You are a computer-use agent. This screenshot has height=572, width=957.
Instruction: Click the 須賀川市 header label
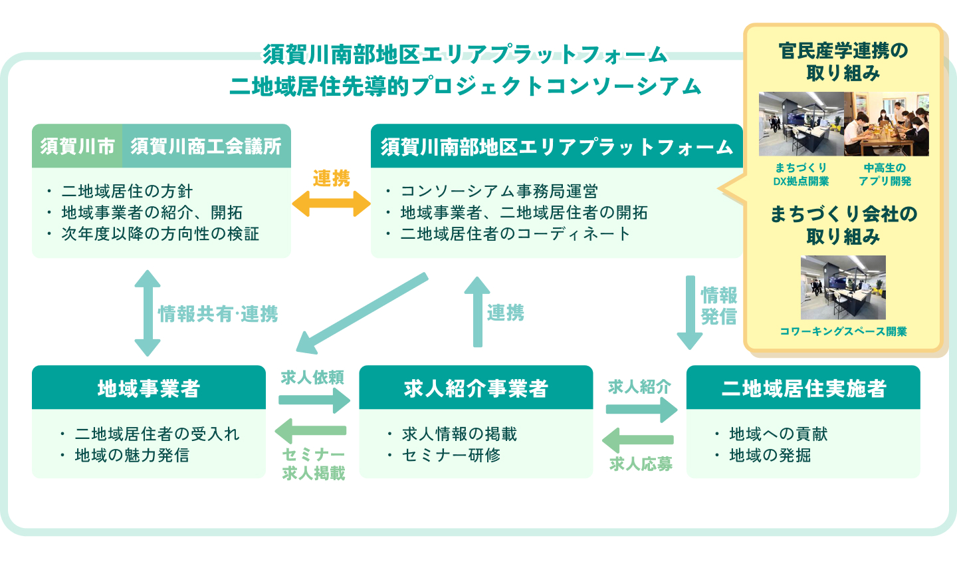coord(77,146)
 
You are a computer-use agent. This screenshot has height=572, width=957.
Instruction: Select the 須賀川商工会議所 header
coord(206,146)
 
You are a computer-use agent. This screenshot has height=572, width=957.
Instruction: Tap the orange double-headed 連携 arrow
coord(331,204)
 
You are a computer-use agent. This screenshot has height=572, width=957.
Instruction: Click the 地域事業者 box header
coord(148,388)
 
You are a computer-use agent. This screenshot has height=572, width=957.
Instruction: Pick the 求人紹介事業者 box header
coord(476,388)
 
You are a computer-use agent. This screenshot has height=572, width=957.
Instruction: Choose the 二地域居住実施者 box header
coord(803,388)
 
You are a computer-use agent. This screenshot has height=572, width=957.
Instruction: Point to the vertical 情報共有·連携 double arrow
coord(148,313)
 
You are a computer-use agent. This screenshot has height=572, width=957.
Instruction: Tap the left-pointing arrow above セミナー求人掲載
coord(311,431)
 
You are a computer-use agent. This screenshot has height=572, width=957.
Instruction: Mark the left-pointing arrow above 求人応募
coord(638,440)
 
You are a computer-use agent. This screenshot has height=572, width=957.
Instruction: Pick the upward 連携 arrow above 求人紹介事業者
coord(477,311)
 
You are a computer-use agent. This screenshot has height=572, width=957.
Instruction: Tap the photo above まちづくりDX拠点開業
coord(801,124)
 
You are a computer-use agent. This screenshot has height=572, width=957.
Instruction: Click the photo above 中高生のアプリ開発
coord(886,124)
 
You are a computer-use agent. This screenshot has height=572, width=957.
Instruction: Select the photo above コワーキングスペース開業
coord(843,287)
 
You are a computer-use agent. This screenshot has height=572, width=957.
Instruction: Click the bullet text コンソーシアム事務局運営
coord(499,192)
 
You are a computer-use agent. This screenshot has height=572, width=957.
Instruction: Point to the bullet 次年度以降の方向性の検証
coord(160,234)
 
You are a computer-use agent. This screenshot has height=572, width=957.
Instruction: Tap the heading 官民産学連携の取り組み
coord(843,61)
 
